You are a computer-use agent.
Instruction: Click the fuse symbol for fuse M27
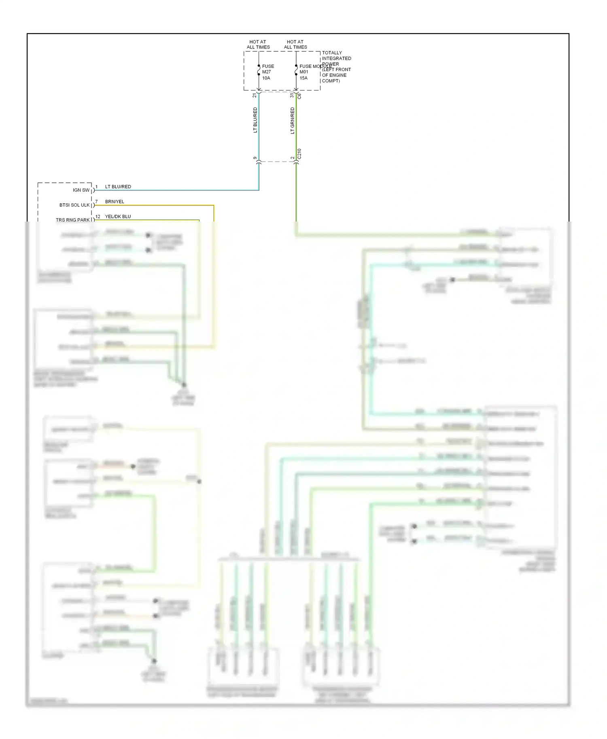coord(259,72)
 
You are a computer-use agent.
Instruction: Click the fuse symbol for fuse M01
coord(296,72)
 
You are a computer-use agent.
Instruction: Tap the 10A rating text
coord(266,78)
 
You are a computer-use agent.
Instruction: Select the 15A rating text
coord(303,78)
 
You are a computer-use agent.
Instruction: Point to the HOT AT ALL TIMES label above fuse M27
coord(258,44)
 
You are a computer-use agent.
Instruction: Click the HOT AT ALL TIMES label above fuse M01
coord(295,44)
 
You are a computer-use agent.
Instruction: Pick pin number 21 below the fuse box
coord(255,95)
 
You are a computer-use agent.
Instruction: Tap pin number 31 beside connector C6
coord(292,95)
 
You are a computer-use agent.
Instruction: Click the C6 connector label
coord(299,96)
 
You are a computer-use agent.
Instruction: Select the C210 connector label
coord(299,154)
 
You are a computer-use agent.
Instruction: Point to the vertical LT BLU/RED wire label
coord(255,120)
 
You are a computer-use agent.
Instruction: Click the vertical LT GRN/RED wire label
coord(292,120)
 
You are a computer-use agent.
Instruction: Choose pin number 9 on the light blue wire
coord(255,158)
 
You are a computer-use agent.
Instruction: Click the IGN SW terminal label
coord(81,190)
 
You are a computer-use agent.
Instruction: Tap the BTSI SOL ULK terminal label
coord(74,205)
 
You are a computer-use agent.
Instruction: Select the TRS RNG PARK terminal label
coord(73,220)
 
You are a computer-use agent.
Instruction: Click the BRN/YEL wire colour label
coord(115,202)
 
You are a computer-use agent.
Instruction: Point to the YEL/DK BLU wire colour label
coord(118,217)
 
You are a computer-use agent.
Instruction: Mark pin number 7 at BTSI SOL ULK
coord(96,201)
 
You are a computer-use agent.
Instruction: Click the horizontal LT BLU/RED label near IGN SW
coord(118,187)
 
